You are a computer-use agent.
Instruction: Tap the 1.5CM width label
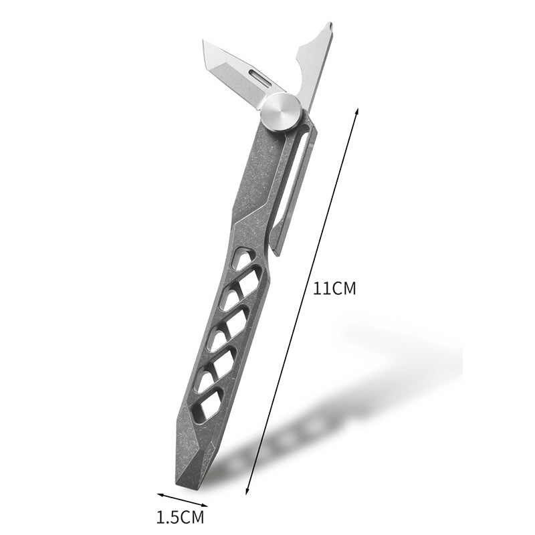(x=180, y=517)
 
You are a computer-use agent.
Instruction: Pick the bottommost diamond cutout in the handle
(x=210, y=407)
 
